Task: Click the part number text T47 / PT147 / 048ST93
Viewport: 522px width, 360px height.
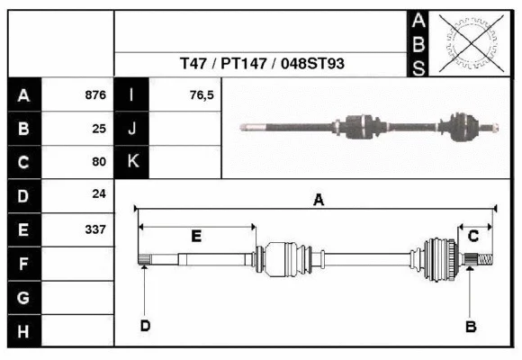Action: coord(262,65)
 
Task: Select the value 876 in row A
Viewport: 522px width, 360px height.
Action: coord(95,94)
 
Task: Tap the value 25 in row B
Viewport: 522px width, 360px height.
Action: coord(99,128)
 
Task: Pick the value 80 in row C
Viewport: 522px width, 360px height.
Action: coord(99,162)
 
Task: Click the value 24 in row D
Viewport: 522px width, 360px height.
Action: coord(99,194)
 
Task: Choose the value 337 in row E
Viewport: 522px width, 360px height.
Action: coord(95,229)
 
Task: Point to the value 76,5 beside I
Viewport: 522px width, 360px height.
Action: coord(201,94)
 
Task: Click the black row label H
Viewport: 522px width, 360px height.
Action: coord(23,332)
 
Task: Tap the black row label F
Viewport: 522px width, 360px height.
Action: coord(23,264)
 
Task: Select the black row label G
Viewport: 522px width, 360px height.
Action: coord(23,298)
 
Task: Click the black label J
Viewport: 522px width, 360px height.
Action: coord(132,128)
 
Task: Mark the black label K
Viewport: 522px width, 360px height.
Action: coord(132,162)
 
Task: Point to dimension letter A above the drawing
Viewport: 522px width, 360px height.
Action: coord(318,201)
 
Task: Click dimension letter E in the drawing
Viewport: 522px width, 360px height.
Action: coord(196,236)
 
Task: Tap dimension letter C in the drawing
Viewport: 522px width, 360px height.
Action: coord(473,236)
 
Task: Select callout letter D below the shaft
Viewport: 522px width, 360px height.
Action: coord(144,326)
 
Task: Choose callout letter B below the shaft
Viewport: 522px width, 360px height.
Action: coord(470,326)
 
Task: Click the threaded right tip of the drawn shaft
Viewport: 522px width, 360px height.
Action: coord(486,261)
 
